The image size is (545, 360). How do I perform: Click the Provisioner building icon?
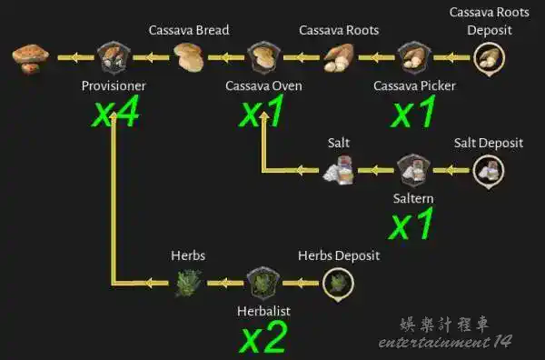click(114, 58)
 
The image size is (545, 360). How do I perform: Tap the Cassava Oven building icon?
click(263, 58)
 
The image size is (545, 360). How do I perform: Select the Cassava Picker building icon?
click(414, 58)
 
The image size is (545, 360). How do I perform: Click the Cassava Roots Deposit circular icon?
click(490, 59)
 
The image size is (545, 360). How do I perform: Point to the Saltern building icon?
click(413, 171)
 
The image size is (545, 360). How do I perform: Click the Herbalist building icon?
click(263, 284)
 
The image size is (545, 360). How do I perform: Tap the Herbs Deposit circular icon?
click(338, 285)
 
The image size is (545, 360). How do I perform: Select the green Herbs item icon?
click(188, 284)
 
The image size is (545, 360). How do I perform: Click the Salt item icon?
click(339, 170)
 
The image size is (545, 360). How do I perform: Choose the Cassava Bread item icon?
click(189, 58)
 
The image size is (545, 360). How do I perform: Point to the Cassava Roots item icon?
click(339, 58)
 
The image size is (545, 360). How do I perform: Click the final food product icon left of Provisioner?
click(31, 59)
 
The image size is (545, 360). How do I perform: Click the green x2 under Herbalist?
click(263, 337)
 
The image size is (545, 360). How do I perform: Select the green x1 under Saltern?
click(411, 224)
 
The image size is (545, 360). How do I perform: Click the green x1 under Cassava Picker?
click(413, 111)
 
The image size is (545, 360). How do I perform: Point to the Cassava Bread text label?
click(189, 30)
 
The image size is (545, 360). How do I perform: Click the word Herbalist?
click(263, 311)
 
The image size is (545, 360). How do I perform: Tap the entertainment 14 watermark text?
click(445, 342)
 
